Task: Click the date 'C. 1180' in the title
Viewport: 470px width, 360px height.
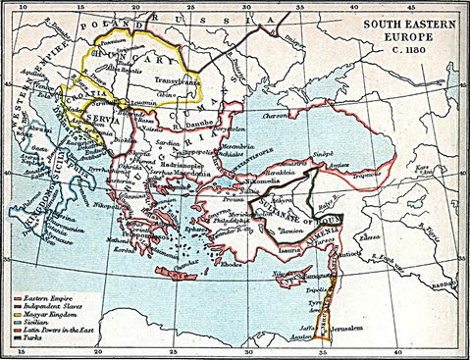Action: pos(404,51)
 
